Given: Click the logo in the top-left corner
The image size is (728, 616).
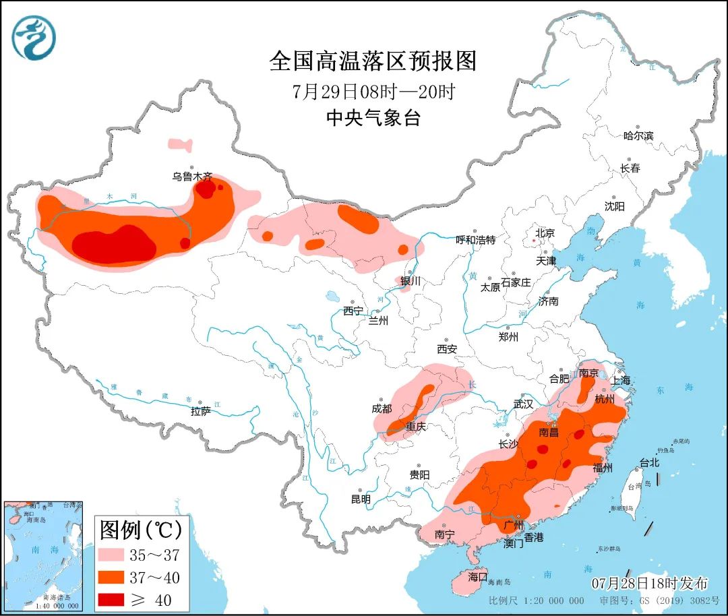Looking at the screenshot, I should point(34,38).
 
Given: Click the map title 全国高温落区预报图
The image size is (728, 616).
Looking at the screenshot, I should point(373,61).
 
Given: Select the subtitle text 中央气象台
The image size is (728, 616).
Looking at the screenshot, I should point(373,119).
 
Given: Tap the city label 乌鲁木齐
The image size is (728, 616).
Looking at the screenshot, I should point(192,177).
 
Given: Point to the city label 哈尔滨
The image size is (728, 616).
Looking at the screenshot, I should point(638,136).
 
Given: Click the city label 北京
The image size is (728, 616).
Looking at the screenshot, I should point(545,233).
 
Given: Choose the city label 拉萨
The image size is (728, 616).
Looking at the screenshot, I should point(200,410).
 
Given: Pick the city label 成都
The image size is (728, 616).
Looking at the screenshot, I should point(381,408).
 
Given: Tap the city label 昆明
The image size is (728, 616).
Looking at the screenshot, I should point(361,499).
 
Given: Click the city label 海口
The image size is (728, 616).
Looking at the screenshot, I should point(477,577).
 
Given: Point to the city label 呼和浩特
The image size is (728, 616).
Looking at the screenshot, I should point(475,239).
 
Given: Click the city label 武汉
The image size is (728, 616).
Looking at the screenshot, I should point(523,404).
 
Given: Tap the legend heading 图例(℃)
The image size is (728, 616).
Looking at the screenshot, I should point(141,530).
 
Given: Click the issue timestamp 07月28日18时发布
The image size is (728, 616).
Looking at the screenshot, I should point(650,583).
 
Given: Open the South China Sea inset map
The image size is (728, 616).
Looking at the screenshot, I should point(42,556).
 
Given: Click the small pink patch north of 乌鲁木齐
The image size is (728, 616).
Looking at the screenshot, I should point(180,144).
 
